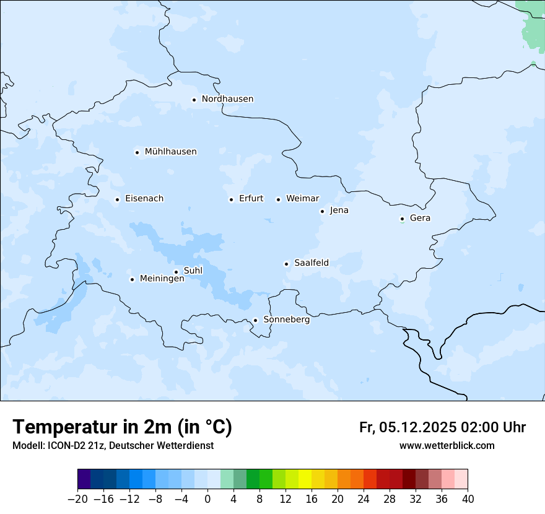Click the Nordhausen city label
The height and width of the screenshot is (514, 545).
[227, 99]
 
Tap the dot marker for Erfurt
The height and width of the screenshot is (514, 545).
[231, 199]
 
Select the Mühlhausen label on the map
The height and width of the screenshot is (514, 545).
[170, 152]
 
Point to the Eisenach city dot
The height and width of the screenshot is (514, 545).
[117, 199]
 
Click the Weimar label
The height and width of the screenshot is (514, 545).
[302, 199]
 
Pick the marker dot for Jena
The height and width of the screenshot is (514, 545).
[322, 211]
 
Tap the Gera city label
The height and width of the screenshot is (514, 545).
[420, 218]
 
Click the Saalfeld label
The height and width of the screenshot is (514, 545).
[311, 263]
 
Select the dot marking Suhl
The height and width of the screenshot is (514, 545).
[176, 272]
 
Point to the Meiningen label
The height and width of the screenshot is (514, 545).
[162, 279]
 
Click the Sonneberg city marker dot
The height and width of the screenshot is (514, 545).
[255, 321]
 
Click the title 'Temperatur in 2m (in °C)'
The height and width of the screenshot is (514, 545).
[123, 427]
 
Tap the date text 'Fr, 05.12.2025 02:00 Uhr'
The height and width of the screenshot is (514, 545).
[442, 427]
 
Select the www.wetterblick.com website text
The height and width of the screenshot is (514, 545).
[447, 445]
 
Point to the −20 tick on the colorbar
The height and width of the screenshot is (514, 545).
[77, 499]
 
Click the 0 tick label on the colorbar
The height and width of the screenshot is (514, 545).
[207, 499]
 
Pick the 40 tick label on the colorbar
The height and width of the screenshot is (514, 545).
[467, 499]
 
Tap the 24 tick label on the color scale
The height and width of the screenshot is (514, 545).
[364, 499]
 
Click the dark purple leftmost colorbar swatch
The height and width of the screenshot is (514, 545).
[84, 479]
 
